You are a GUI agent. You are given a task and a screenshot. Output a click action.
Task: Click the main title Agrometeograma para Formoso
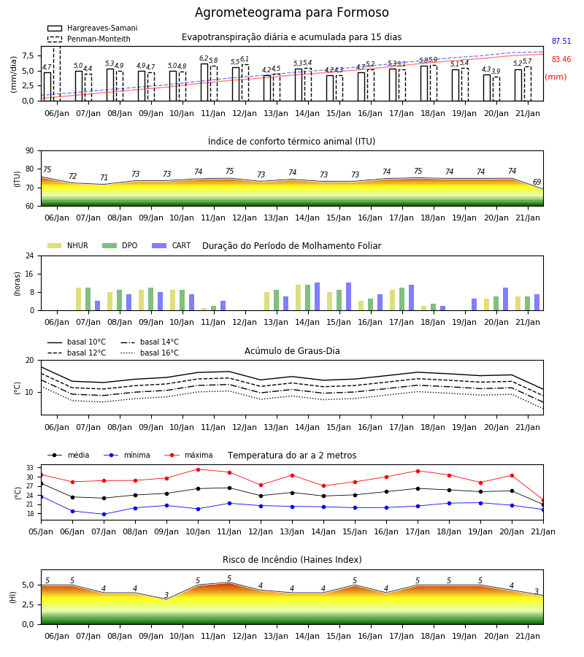point(291,12)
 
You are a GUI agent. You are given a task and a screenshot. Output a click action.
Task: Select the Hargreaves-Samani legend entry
point(93,28)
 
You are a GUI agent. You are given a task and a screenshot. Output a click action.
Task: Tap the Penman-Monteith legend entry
point(89,39)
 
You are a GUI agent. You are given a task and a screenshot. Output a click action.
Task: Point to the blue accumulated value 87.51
point(561,41)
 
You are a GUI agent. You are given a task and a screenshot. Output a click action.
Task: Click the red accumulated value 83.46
point(561,59)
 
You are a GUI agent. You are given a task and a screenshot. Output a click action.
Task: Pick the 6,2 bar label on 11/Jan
point(204,58)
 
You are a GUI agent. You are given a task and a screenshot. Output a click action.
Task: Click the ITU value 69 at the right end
point(537,182)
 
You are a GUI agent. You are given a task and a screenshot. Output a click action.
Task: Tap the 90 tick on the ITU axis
point(30,151)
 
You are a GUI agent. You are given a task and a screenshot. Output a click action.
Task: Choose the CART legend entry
point(172,245)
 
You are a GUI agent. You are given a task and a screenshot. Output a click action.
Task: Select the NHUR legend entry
point(68,245)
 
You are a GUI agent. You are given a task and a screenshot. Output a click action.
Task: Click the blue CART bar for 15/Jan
point(348,296)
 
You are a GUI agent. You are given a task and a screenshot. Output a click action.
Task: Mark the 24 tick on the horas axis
point(30,255)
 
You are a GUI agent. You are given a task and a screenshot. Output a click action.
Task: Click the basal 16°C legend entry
point(150,353)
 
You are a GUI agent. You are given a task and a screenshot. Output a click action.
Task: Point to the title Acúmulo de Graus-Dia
point(292,351)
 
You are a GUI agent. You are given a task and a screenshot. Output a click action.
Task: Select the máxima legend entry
point(188,455)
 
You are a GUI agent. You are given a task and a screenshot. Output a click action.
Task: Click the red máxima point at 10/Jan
point(198,469)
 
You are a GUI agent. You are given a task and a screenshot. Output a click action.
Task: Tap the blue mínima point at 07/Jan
point(104,514)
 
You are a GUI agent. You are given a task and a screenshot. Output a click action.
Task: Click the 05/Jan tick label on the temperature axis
point(41,531)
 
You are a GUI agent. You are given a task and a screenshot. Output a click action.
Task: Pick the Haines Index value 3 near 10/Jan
point(166,595)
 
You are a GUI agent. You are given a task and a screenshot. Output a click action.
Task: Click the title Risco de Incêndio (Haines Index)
point(292,560)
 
